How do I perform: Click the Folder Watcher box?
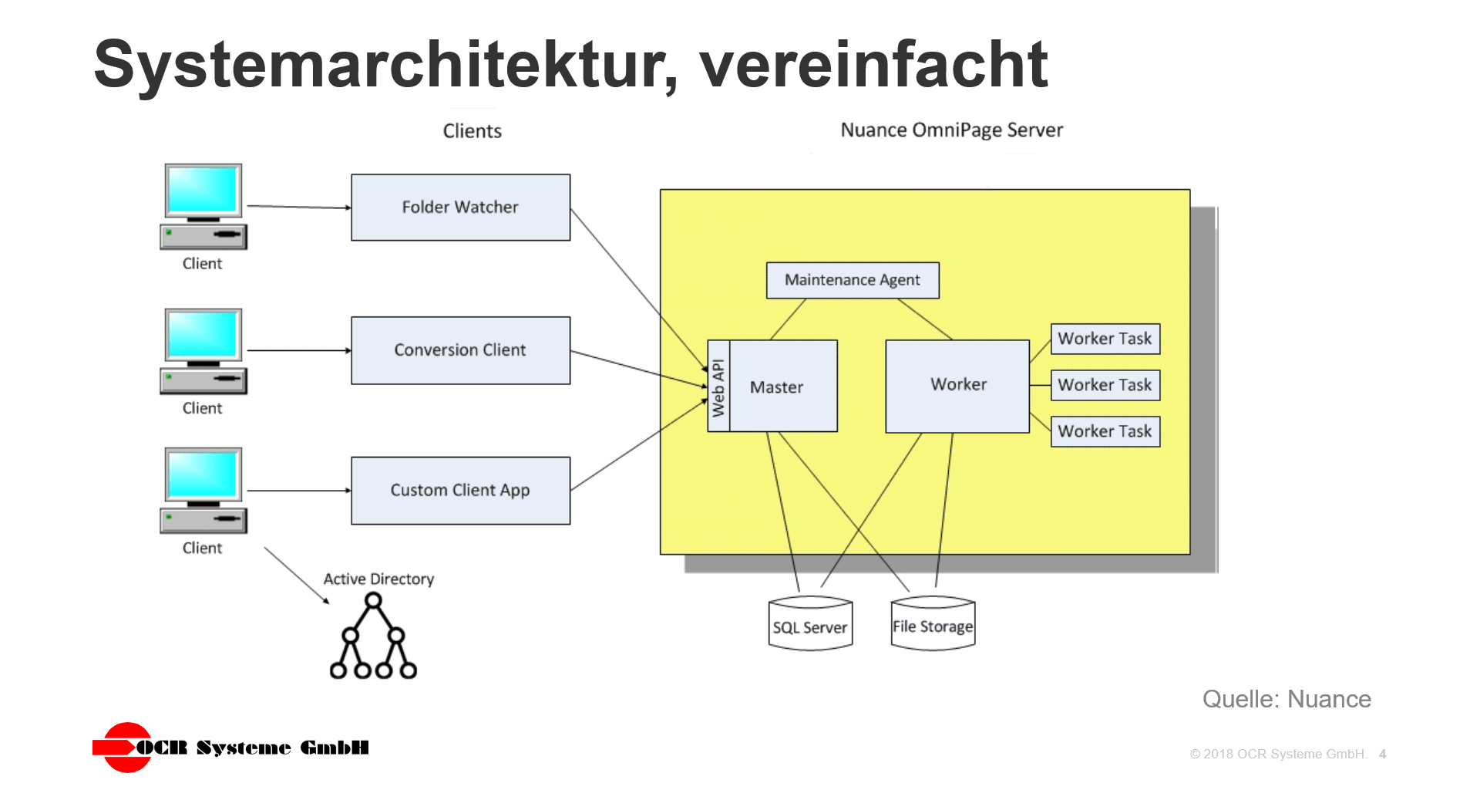460,208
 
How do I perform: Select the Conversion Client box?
460,350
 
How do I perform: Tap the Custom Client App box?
460,491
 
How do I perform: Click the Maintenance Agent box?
852,280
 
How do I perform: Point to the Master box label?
777,387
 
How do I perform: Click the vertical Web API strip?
718,387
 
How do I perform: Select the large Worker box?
957,385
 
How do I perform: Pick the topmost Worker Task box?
1105,339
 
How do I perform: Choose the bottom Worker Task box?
1105,431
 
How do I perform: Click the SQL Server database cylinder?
810,626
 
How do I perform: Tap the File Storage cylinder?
933,625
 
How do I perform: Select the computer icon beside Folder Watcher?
203,206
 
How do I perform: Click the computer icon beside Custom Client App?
203,490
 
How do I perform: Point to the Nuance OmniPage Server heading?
951,130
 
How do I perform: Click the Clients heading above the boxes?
472,131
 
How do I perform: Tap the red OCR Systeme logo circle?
127,747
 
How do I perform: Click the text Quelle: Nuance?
1286,699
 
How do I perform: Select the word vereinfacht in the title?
873,65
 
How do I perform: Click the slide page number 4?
1382,754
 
